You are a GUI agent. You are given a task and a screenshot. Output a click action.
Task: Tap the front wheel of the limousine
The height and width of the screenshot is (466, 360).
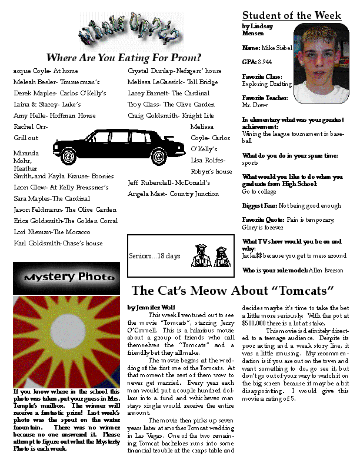[159, 157]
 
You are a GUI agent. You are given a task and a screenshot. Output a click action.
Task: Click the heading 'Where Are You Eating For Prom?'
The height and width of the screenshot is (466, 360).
[124, 58]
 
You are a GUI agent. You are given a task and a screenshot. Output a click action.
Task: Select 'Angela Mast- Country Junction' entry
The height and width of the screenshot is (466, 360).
[174, 194]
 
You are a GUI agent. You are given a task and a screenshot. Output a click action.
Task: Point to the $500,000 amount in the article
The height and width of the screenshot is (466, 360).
[257, 323]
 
